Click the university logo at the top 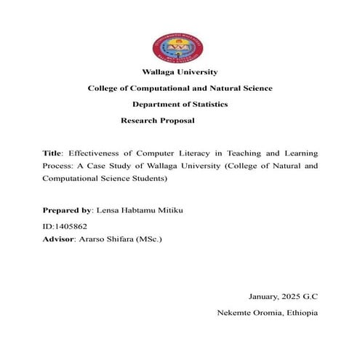(x=180, y=47)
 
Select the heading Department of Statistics (x=180, y=104)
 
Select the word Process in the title (x=58, y=167)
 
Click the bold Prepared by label (x=68, y=209)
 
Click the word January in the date (x=265, y=298)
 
